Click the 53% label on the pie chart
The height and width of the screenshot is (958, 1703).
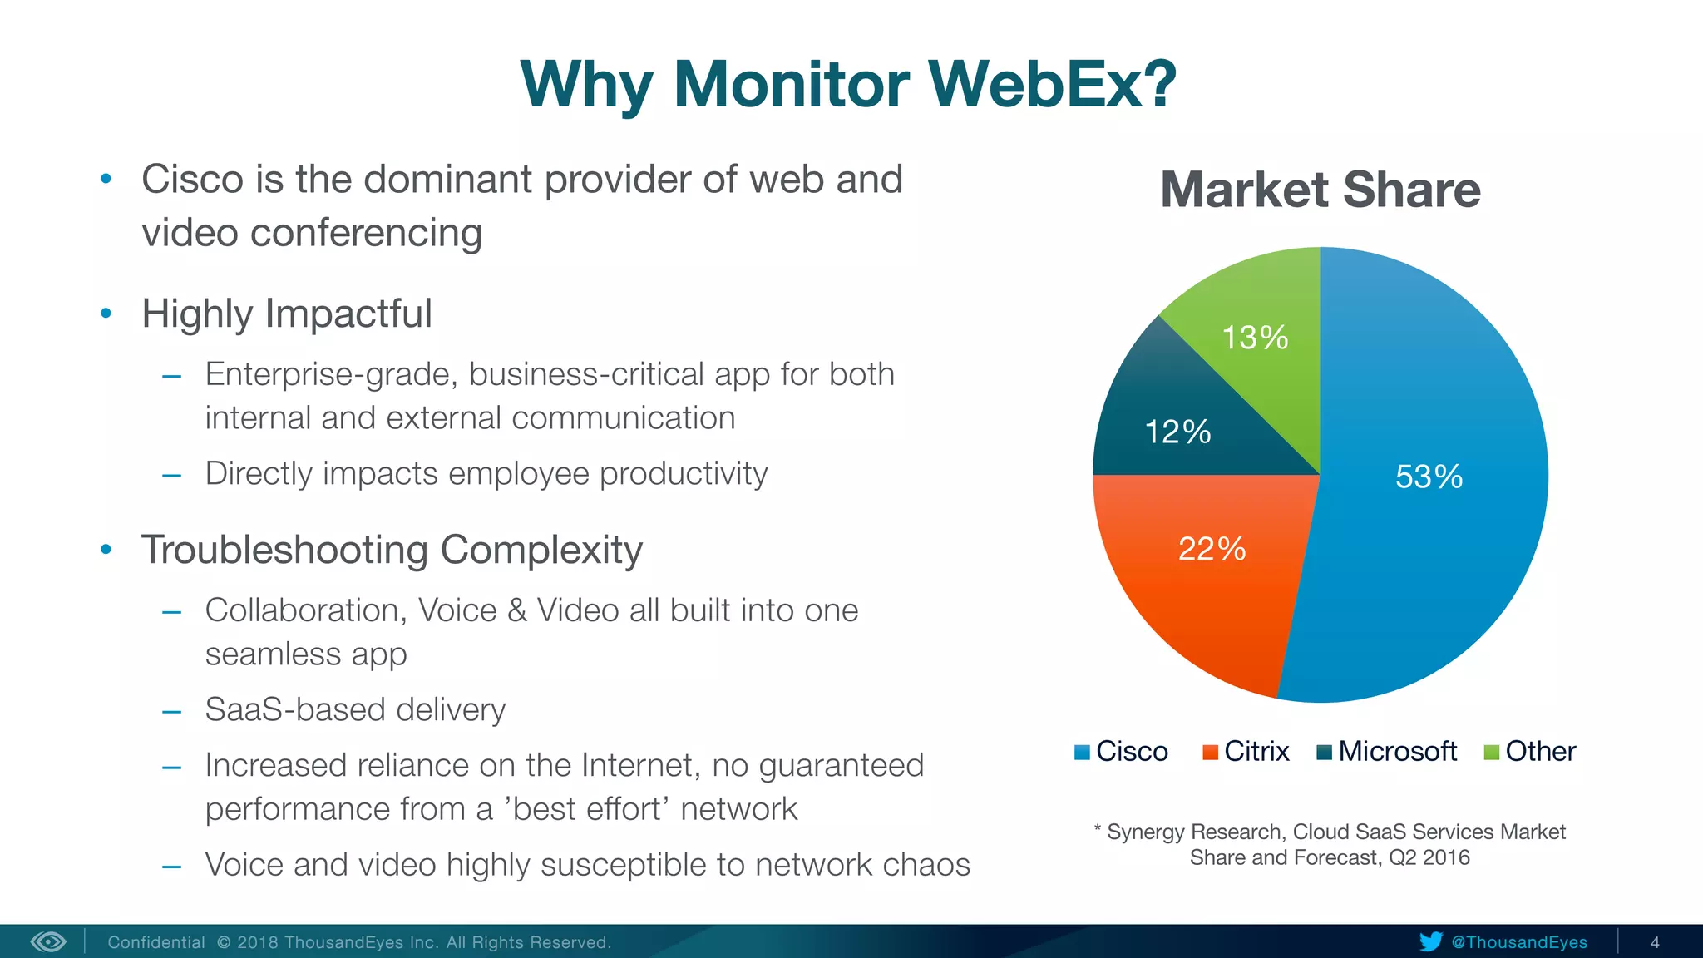[1429, 477]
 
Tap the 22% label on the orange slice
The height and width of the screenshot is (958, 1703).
[1212, 549]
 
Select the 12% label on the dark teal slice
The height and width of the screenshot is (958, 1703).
[1177, 432]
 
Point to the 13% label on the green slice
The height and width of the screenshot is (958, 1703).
[1255, 338]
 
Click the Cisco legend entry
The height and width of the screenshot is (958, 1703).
[1122, 752]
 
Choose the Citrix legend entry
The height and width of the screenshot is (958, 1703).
[1246, 752]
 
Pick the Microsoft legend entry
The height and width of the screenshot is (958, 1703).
[1388, 752]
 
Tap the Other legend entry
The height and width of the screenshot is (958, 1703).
[1530, 752]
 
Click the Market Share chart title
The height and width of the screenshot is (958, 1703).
[1320, 190]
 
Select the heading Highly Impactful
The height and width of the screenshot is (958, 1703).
[286, 314]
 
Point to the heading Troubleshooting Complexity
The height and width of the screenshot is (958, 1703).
[392, 550]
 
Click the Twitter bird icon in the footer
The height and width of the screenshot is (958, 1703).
[1430, 941]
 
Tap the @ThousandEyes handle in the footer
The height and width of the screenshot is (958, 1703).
[1519, 942]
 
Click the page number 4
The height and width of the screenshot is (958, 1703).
[1655, 942]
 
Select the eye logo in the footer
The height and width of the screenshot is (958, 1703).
[48, 941]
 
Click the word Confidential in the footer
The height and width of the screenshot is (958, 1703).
[156, 942]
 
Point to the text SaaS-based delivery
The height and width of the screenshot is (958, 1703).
[355, 709]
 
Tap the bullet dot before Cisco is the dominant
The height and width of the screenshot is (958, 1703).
[106, 179]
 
